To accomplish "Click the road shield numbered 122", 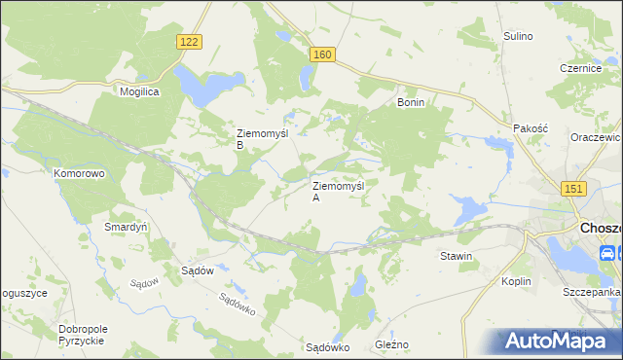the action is tap(190, 41).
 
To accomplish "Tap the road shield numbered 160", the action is tap(323, 55).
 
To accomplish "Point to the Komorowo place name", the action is tap(79, 173).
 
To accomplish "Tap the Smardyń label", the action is tap(126, 227).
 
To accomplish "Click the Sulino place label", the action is tap(518, 36).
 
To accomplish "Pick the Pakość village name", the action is tap(531, 128).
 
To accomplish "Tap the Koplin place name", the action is tap(517, 281).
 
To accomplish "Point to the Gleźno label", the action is tap(392, 345).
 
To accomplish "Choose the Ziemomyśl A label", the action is tap(337, 191).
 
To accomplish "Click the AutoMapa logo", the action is tap(557, 341).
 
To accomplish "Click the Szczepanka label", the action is tap(590, 292).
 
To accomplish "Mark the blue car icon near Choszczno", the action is tap(607, 254).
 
